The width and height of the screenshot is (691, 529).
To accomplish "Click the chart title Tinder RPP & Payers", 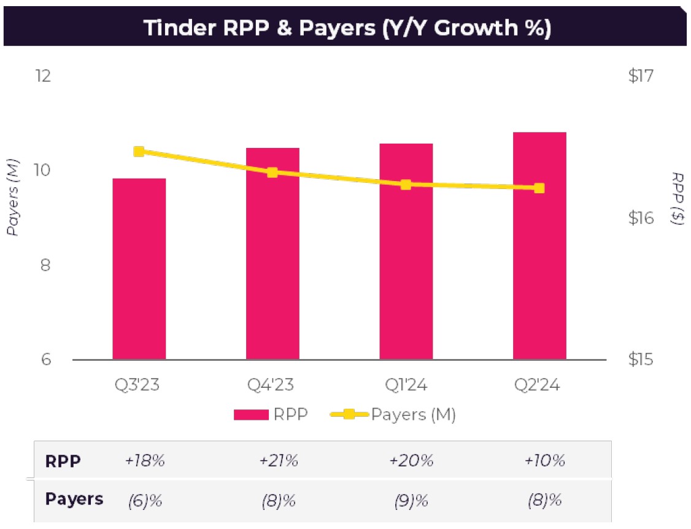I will pyautogui.click(x=347, y=28).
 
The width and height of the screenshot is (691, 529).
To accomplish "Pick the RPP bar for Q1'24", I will pyautogui.click(x=406, y=252).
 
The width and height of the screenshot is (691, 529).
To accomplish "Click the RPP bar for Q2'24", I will pyautogui.click(x=539, y=245).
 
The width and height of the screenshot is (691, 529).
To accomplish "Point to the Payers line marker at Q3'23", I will pyautogui.click(x=139, y=152).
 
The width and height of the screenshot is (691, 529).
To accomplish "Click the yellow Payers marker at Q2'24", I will pyautogui.click(x=539, y=188).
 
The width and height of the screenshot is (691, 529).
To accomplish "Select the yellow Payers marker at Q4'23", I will pyautogui.click(x=272, y=172).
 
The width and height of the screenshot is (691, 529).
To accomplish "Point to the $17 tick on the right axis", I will pyautogui.click(x=641, y=76).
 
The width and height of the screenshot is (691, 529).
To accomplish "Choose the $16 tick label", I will pyautogui.click(x=641, y=218).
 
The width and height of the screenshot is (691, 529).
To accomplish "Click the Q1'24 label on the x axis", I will pyautogui.click(x=406, y=385).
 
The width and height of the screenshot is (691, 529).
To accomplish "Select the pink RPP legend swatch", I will pyautogui.click(x=251, y=415).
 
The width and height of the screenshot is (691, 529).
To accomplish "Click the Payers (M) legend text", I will pyautogui.click(x=413, y=415).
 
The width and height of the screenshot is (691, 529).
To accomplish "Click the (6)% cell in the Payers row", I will pyautogui.click(x=145, y=500).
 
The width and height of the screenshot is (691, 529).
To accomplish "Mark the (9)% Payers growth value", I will pyautogui.click(x=411, y=500).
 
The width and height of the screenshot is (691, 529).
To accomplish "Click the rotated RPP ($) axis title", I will pyautogui.click(x=677, y=198).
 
